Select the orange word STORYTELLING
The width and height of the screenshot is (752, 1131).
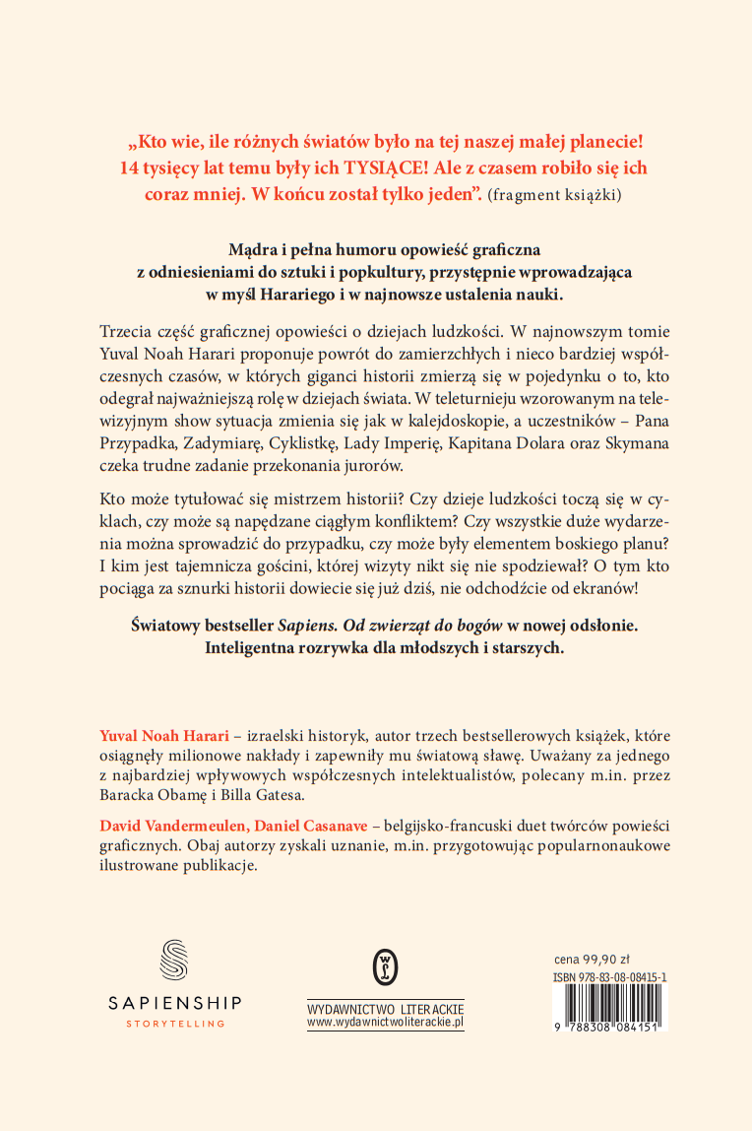174,1024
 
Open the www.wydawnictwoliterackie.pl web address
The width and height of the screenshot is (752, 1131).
385,1024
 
